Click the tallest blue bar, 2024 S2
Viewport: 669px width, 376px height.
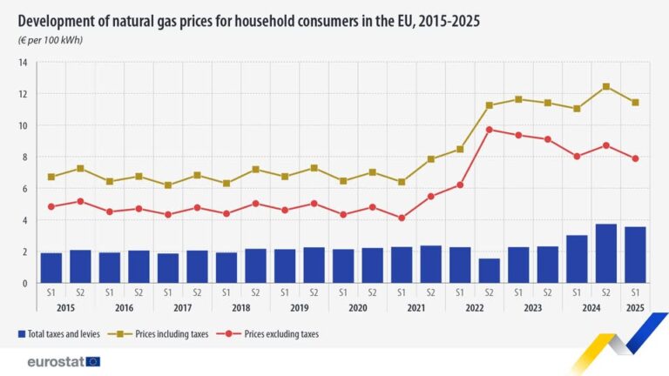click(606, 253)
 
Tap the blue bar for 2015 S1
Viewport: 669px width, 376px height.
click(51, 268)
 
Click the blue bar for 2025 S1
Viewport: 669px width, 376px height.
click(635, 255)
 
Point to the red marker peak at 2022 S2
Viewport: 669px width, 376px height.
click(490, 130)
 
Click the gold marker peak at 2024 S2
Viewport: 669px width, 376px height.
click(606, 86)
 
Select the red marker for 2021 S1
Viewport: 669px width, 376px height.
click(402, 218)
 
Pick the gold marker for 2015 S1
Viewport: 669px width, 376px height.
click(51, 177)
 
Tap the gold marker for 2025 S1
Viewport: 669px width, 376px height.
click(635, 102)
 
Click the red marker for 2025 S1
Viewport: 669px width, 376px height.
click(635, 158)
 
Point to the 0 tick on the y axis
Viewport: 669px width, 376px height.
click(25, 283)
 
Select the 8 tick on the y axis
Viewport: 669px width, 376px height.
click(25, 158)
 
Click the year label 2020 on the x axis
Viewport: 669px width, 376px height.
click(358, 307)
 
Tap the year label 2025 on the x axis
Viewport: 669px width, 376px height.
click(635, 307)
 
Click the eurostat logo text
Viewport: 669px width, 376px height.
click(55, 361)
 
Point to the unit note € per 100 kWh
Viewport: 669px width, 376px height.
click(51, 40)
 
